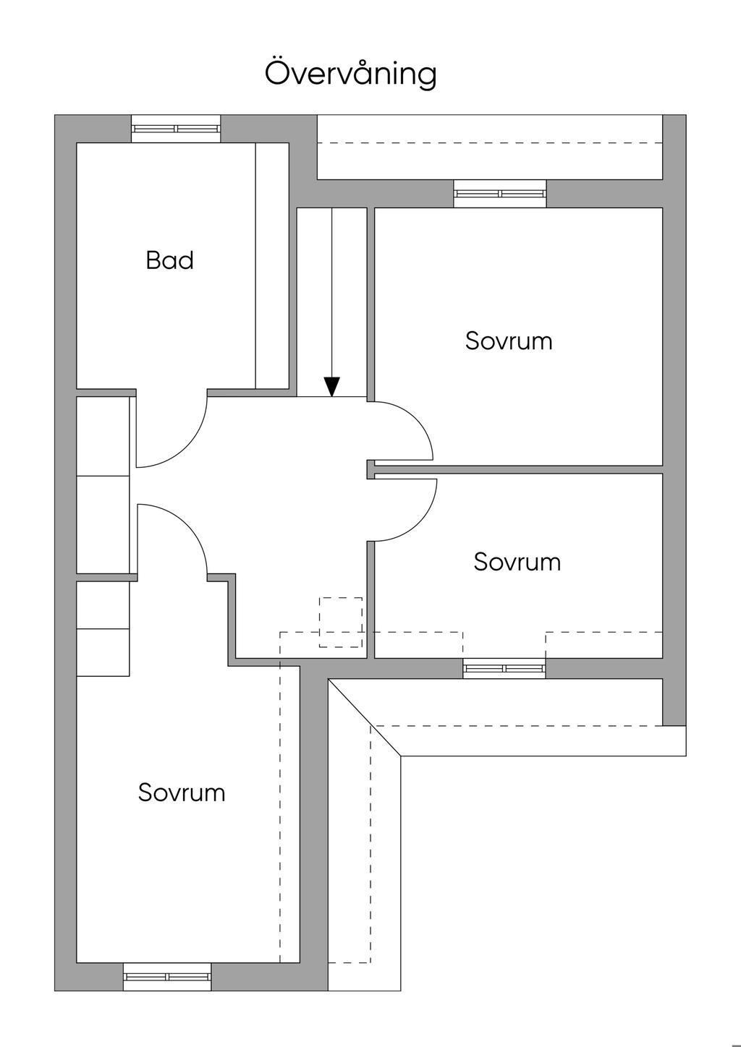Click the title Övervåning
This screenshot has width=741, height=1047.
351,74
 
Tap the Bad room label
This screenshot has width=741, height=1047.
169,260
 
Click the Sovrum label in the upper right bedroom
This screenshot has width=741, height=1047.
509,341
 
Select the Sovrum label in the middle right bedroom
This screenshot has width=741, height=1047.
517,562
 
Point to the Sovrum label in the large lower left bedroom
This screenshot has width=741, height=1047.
182,792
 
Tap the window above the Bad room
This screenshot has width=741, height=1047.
176,129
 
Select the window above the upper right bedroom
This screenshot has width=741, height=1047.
499,194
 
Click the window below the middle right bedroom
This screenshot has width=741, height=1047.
504,669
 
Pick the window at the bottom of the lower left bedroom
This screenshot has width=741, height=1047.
167,977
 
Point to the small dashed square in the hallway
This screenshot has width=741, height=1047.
341,622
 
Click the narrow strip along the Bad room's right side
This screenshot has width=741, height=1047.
272,265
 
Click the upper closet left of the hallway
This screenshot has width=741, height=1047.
103,436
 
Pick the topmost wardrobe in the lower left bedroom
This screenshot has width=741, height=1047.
103,605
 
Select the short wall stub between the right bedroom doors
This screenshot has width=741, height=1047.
370,469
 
